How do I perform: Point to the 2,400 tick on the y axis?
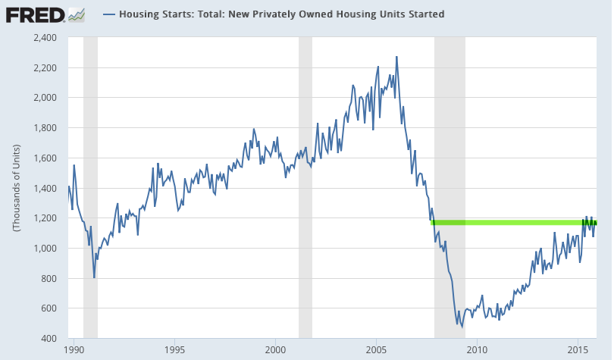pyautogui.click(x=45, y=37)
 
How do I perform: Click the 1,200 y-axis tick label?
pyautogui.click(x=45, y=218)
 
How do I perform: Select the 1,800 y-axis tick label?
pyautogui.click(x=45, y=127)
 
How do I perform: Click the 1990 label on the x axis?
pyautogui.click(x=74, y=350)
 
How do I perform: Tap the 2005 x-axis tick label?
pyautogui.click(x=376, y=350)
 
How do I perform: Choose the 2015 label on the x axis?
pyautogui.click(x=578, y=350)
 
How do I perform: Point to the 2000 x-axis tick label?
pyautogui.click(x=276, y=350)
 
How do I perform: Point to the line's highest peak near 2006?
pyautogui.click(x=396, y=57)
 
